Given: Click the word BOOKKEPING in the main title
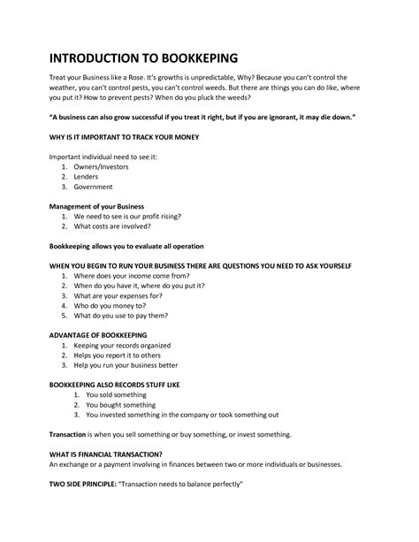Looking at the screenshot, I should (188, 57).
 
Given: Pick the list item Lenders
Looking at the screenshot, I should (88, 176).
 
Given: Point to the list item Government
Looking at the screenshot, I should (94, 187).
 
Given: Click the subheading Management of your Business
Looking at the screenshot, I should (95, 205).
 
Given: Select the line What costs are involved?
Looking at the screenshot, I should (112, 225).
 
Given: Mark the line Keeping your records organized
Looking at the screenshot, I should (123, 345).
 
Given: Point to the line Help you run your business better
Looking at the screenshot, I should (126, 365).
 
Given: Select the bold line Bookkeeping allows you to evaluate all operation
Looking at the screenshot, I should (126, 245).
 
